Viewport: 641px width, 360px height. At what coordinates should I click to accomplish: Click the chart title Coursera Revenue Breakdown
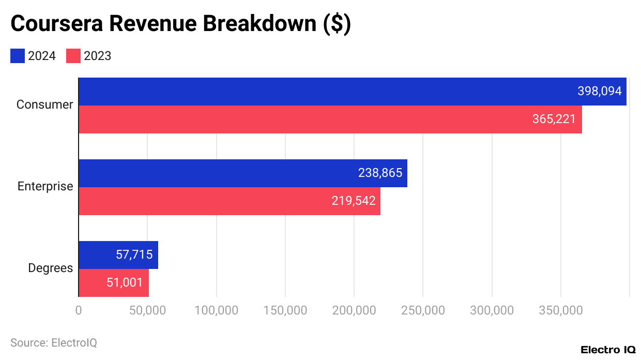pos(180,24)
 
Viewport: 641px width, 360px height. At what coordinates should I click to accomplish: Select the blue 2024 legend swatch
pos(18,56)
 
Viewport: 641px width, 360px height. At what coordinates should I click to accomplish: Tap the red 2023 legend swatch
pos(73,56)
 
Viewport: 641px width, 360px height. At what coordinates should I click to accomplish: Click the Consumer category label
pos(44,104)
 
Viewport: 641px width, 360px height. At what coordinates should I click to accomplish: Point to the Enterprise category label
pos(45,186)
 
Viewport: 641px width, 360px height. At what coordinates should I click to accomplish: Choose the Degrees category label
pos(50,268)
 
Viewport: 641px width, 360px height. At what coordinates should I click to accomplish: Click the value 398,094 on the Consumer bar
pos(599,92)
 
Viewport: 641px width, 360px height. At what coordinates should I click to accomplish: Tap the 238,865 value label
pos(380,173)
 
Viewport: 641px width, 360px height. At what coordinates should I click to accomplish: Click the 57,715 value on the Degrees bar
pos(133,254)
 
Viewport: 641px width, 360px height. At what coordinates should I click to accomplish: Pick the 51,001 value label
pos(125,282)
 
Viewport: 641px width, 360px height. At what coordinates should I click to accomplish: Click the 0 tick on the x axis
pos(79,310)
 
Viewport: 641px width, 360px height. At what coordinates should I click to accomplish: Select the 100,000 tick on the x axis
pos(216,310)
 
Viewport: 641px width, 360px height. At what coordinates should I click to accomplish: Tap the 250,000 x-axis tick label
pos(423,310)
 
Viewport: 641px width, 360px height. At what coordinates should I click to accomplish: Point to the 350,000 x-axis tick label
pos(561,310)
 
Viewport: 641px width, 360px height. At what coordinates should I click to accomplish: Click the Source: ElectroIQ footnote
pos(53,342)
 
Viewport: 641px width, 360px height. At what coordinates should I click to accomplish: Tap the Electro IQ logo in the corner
pos(608,350)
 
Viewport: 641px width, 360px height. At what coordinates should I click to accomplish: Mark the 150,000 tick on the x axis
pos(285,310)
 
